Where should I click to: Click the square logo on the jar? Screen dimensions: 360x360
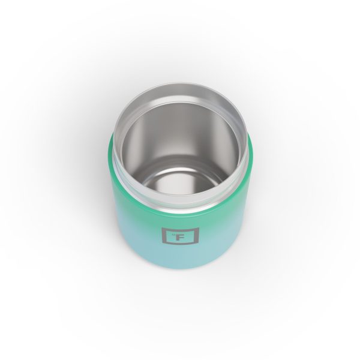(172, 236)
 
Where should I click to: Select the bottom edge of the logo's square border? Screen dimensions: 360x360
(172, 245)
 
